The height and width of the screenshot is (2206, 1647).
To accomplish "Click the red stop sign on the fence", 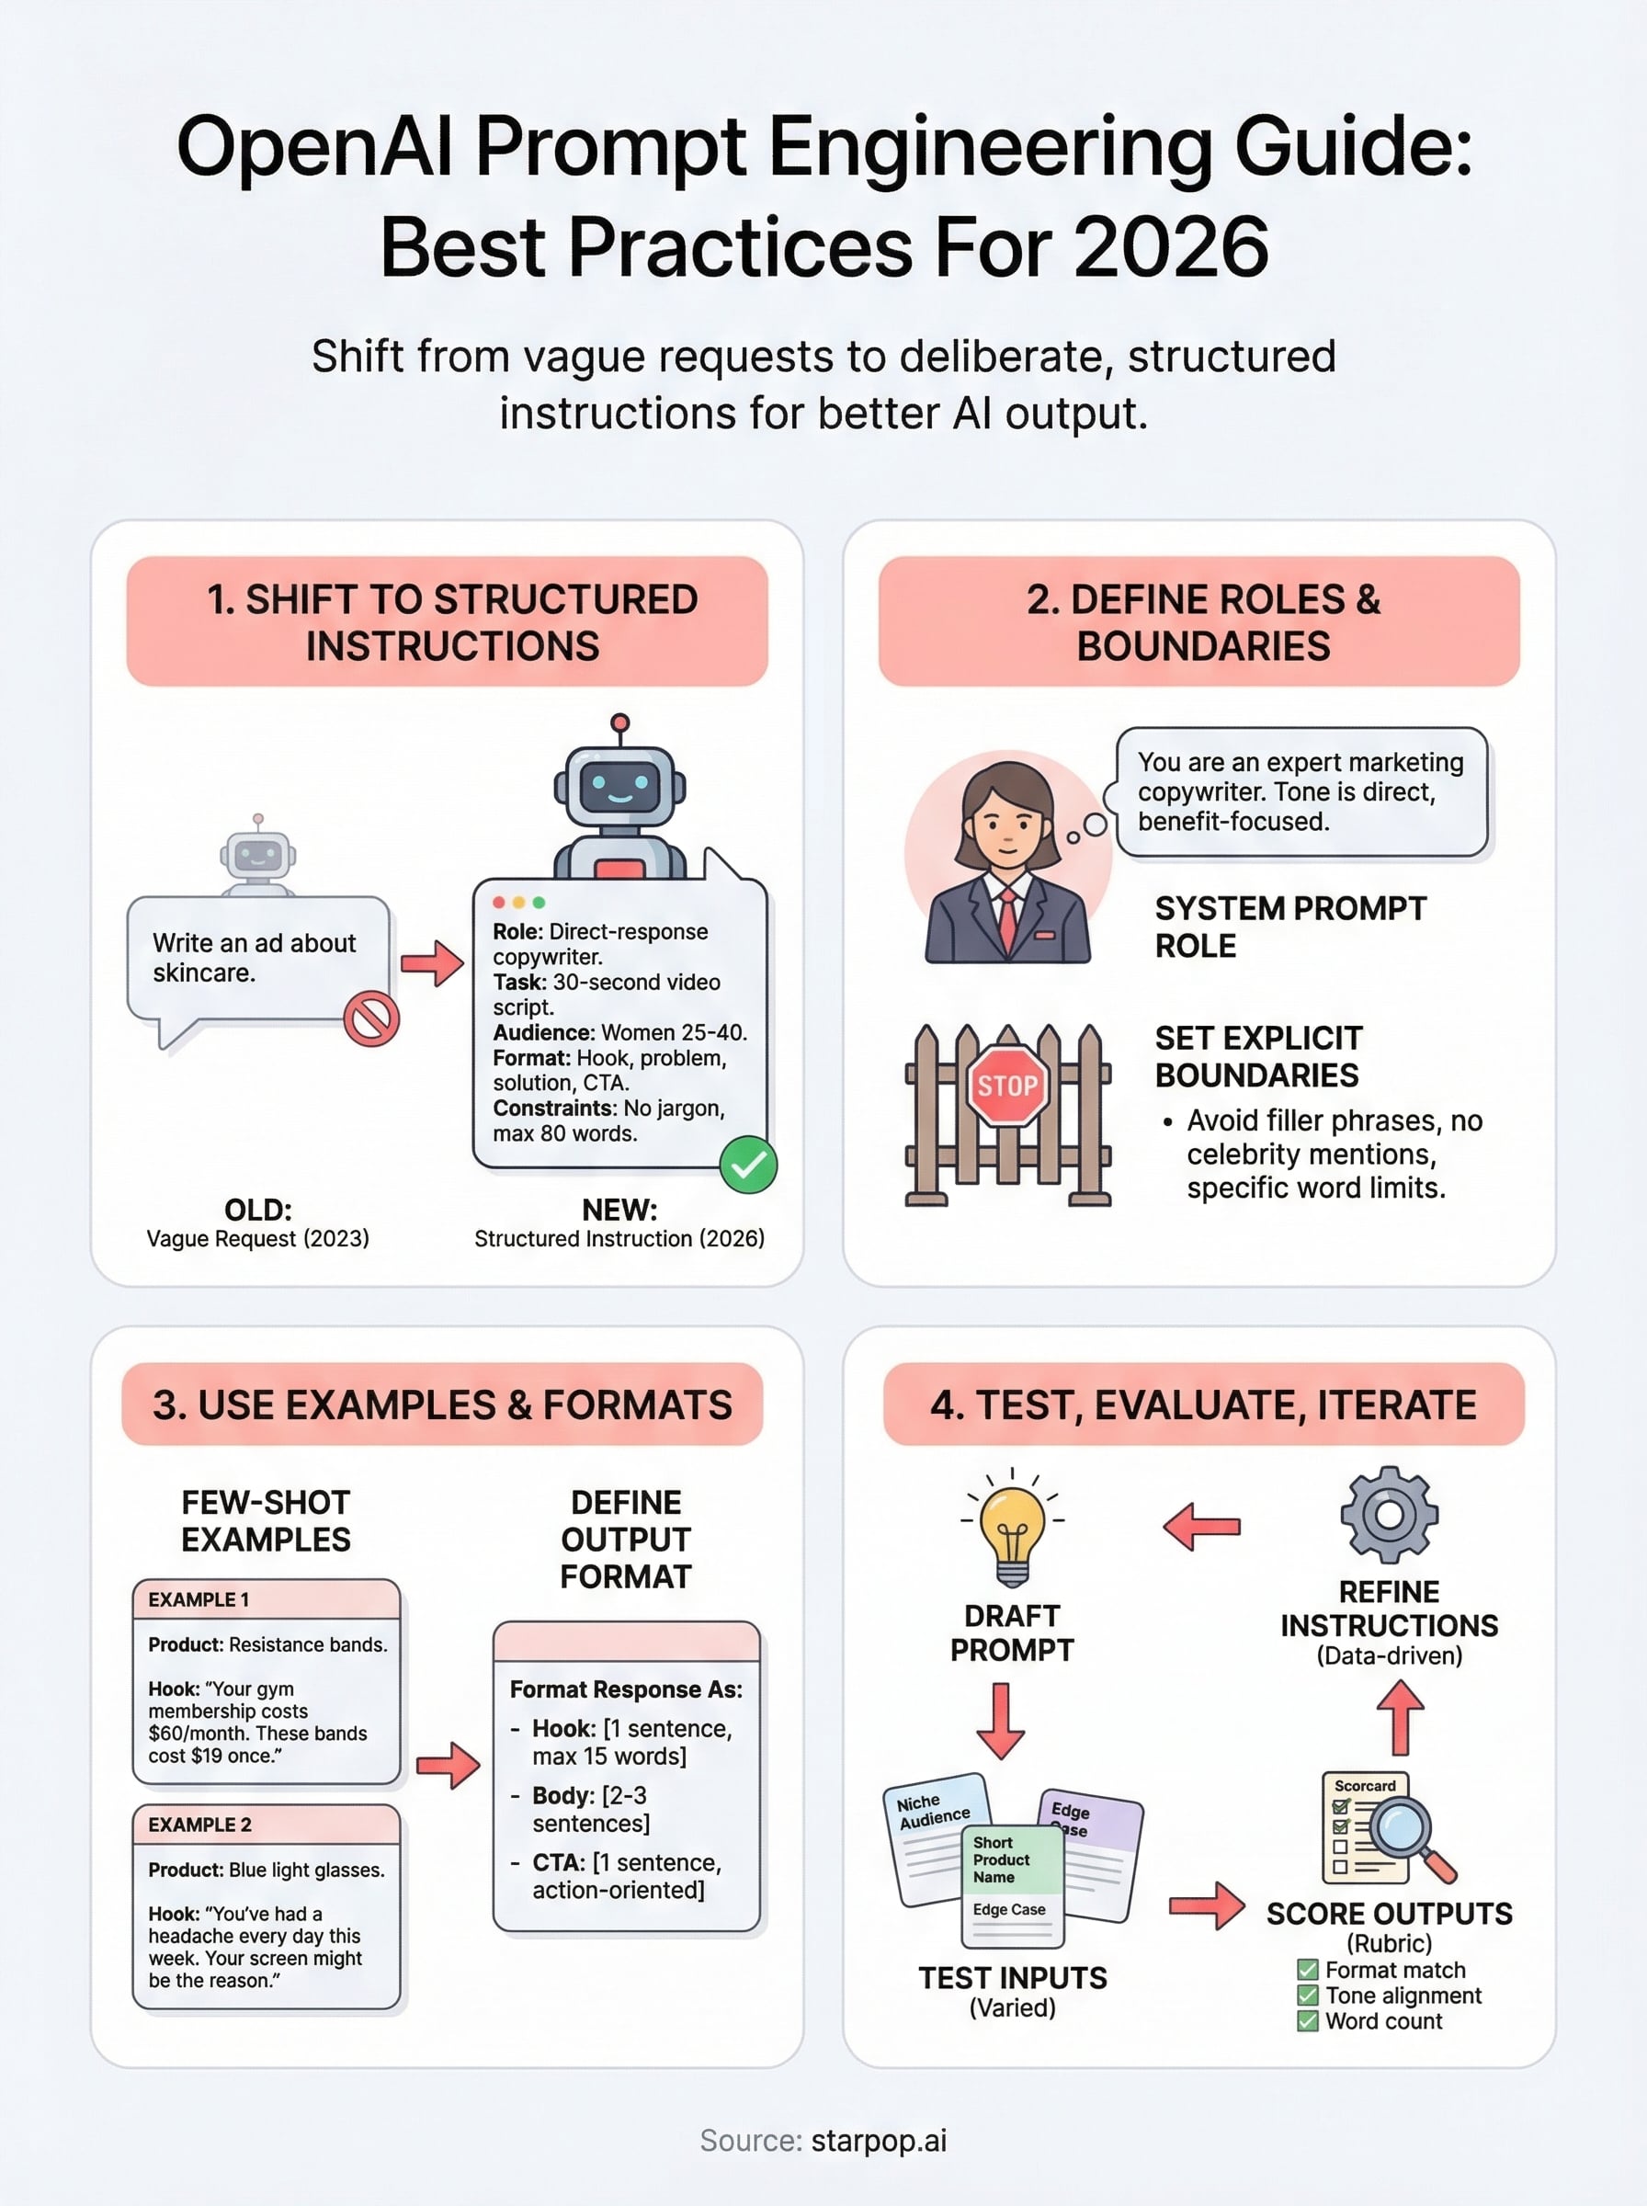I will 1007,1086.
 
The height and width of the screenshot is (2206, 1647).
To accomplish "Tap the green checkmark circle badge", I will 748,1165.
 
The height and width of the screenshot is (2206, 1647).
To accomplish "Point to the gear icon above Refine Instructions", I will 1389,1514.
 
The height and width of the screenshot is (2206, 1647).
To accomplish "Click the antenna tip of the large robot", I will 620,722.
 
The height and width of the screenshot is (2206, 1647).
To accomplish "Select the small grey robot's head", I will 258,854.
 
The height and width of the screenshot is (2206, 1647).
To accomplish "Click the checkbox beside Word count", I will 1307,2020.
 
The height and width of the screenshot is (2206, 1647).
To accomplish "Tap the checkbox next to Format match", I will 1307,1970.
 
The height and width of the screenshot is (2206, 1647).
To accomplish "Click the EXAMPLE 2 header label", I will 200,1825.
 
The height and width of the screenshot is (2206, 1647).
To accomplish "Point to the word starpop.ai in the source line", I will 879,2140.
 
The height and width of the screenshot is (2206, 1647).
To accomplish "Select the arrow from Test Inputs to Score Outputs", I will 1207,1906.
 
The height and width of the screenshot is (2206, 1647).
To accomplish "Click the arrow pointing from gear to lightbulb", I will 1202,1526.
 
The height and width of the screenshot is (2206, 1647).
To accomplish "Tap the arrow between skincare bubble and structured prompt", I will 432,963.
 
